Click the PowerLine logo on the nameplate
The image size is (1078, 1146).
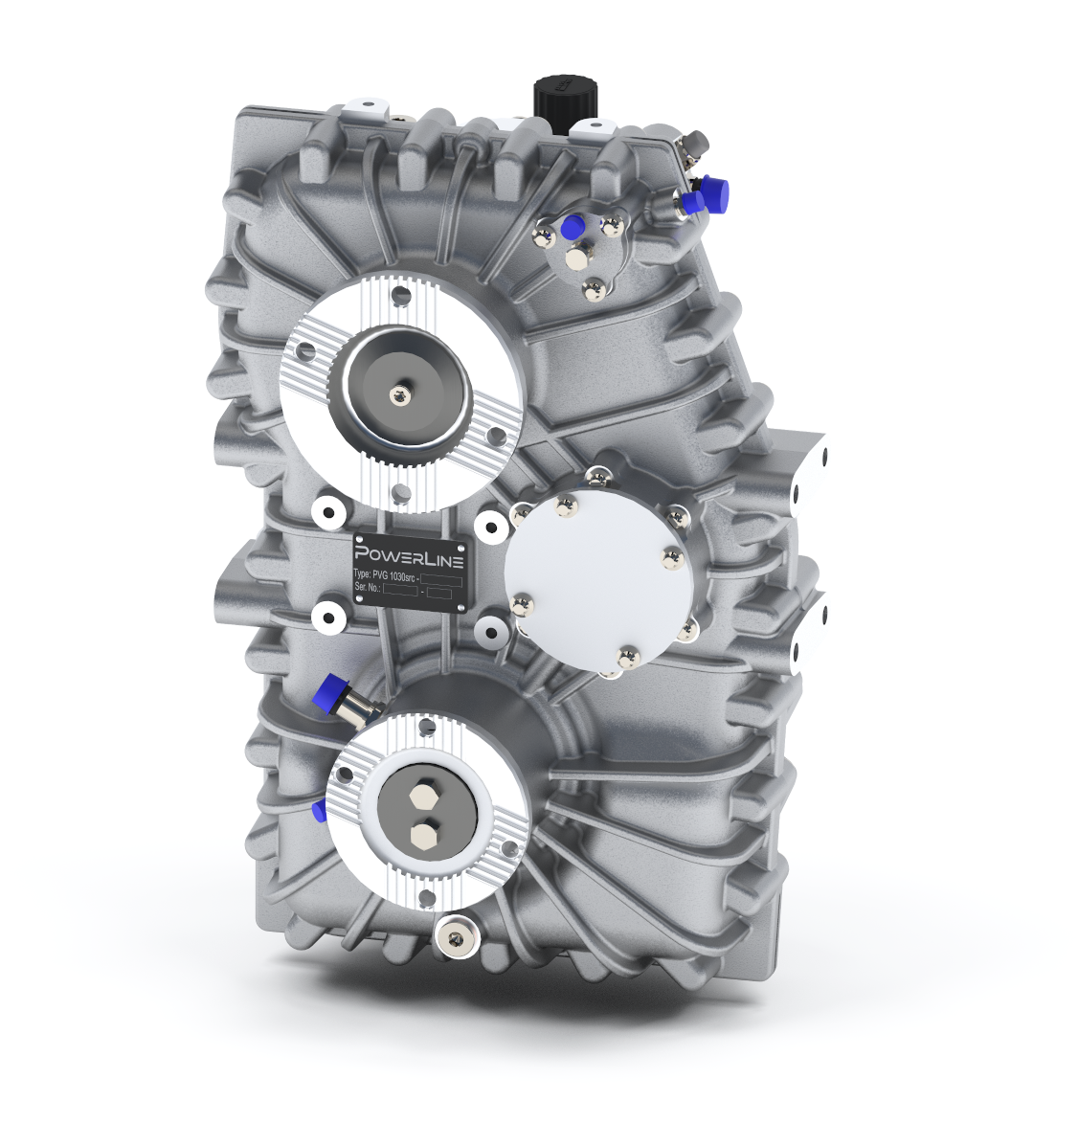409,555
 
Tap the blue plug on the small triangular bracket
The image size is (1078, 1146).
573,226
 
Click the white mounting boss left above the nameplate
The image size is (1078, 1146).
327,512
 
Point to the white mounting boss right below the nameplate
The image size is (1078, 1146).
492,629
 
